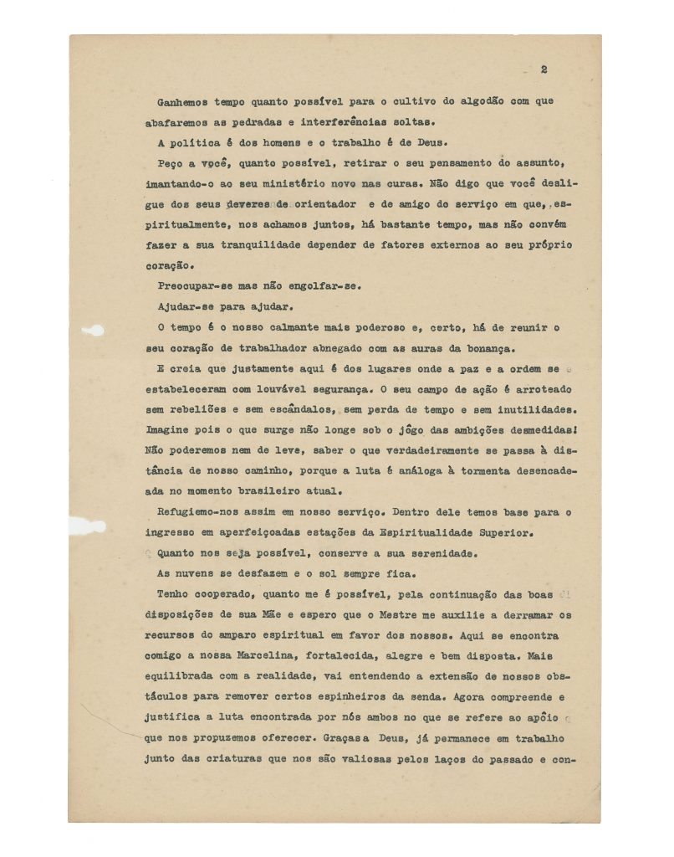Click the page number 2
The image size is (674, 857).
point(544,69)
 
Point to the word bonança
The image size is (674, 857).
point(479,347)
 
